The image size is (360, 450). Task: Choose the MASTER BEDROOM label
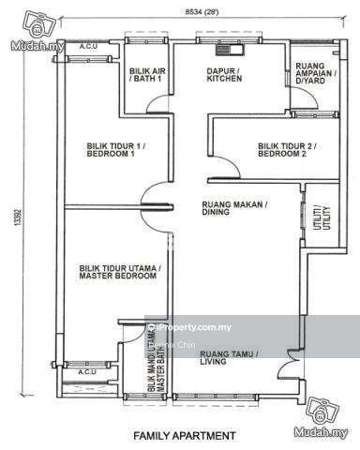(x=119, y=273)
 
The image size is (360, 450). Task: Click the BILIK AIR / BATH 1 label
(x=147, y=75)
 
